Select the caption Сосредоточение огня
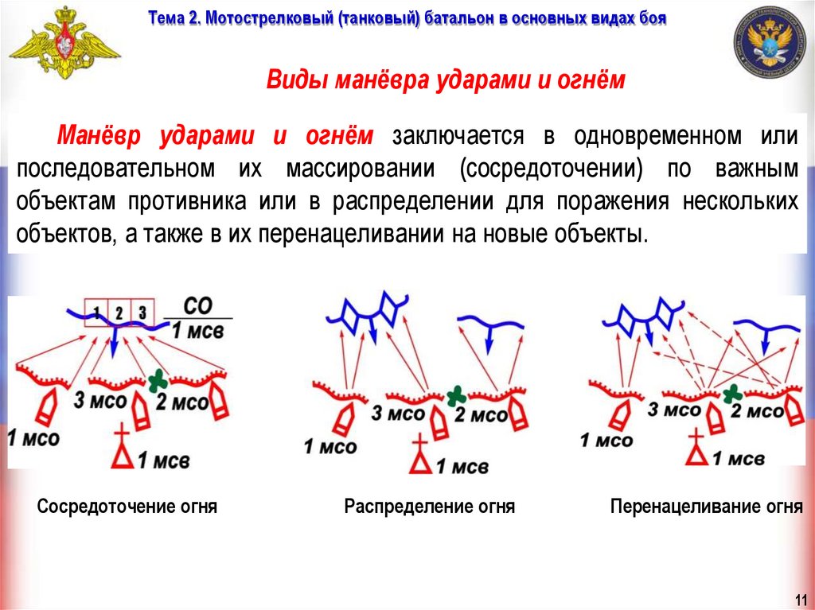click(127, 507)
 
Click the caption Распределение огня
click(430, 507)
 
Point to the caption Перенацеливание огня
click(706, 507)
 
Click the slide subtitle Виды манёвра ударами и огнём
click(446, 81)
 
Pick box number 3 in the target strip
click(142, 311)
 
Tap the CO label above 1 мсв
click(197, 306)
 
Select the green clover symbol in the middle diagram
click(455, 394)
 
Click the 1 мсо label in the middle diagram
click(330, 446)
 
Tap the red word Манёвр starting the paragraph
click(99, 136)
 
